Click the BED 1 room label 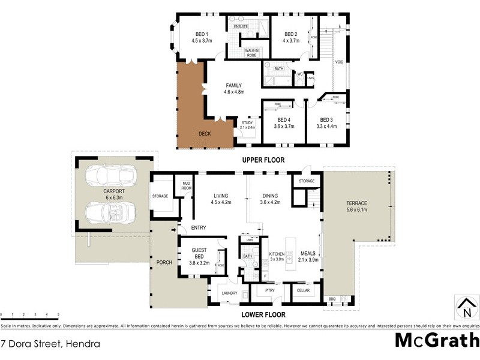[x=202, y=34]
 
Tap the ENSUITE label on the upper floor [x=241, y=26]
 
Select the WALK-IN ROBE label [x=251, y=53]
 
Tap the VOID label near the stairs [x=340, y=62]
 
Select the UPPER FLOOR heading [x=263, y=160]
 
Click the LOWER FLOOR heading [x=263, y=314]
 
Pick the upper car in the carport [x=111, y=176]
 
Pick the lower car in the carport [x=111, y=211]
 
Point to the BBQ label [x=332, y=299]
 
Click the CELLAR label [x=303, y=290]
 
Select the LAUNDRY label [x=230, y=293]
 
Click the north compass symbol [x=466, y=307]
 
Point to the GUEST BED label [x=199, y=253]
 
